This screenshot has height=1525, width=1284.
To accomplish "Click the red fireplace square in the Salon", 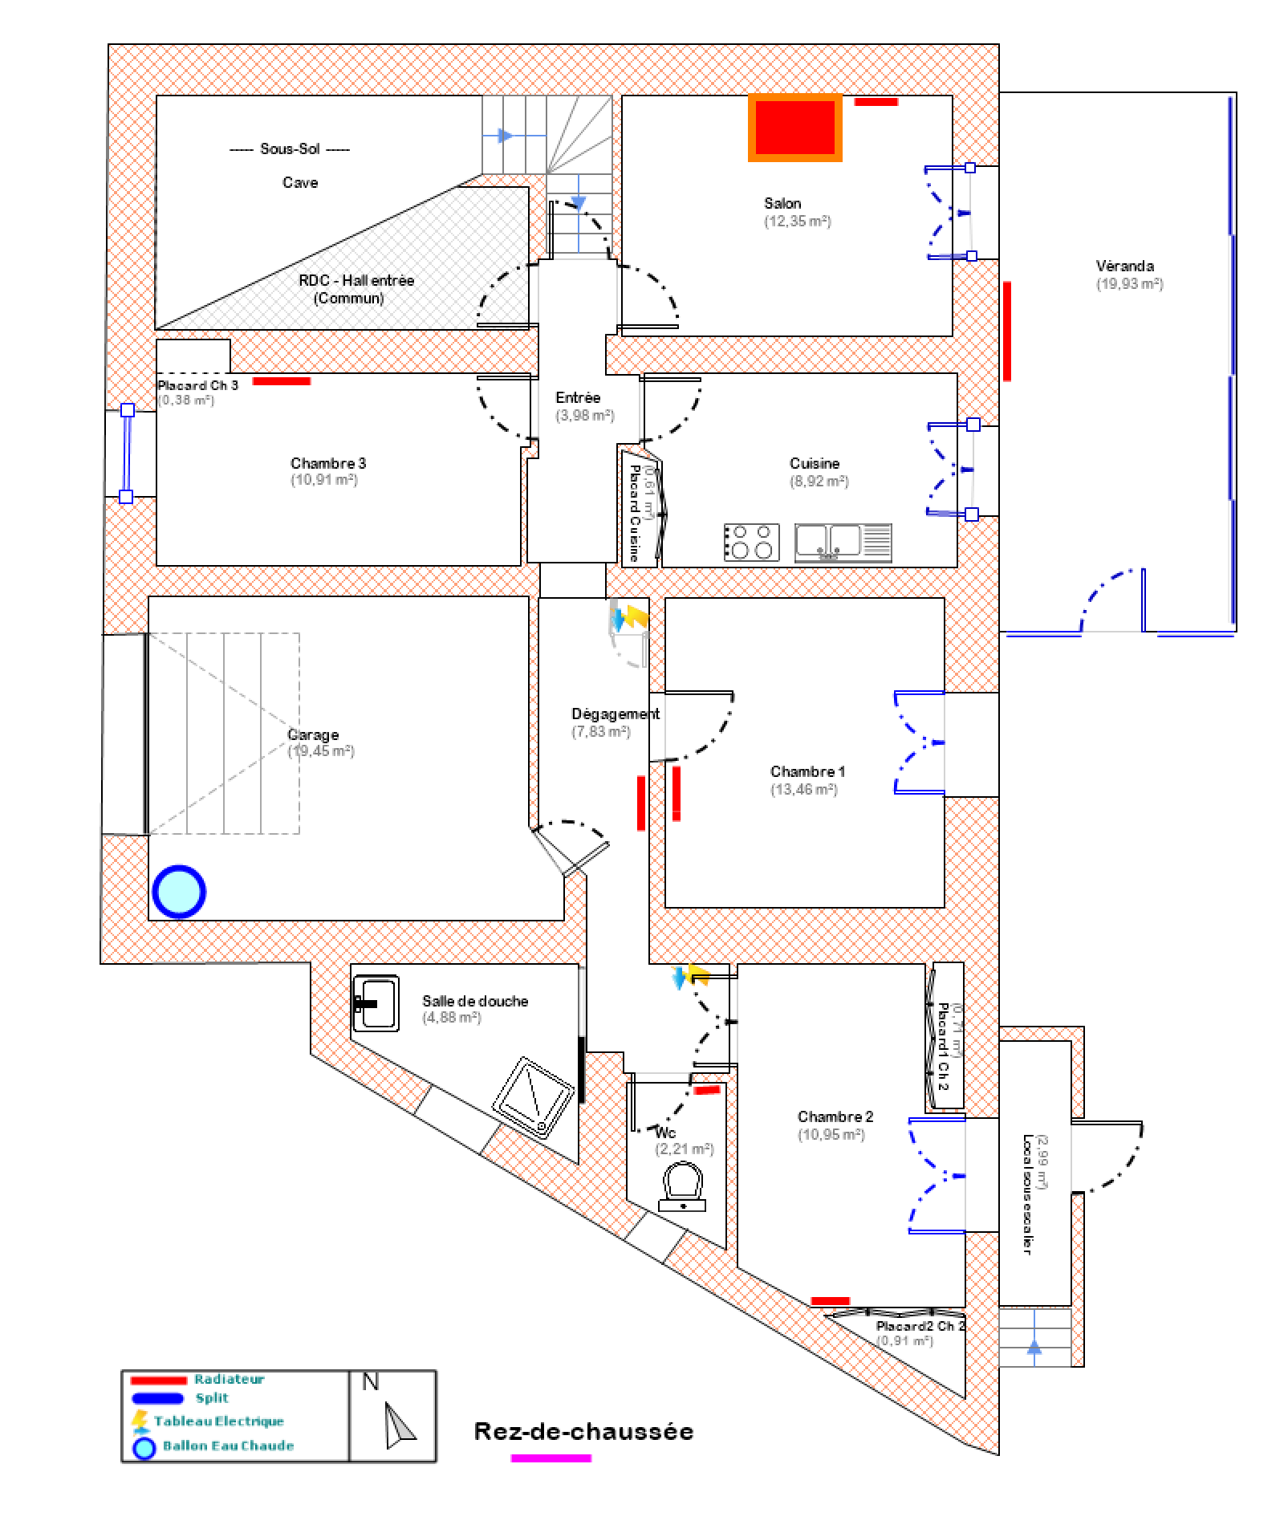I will [x=795, y=128].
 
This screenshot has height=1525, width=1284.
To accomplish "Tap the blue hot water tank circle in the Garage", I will [x=179, y=891].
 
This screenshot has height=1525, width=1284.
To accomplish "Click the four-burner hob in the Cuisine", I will [x=752, y=542].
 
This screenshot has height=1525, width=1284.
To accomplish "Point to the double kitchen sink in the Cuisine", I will [x=843, y=542].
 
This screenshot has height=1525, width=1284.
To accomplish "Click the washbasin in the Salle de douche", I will [x=376, y=1003].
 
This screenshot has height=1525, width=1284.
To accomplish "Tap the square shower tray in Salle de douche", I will [x=534, y=1097].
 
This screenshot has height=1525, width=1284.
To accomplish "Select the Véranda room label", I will [x=1124, y=266].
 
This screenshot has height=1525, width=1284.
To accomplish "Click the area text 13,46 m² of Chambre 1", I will [x=804, y=789].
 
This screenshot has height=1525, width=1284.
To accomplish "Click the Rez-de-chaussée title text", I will [x=583, y=1431].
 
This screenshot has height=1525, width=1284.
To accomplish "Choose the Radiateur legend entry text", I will [x=229, y=1379].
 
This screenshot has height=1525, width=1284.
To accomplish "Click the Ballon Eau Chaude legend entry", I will [x=228, y=1446].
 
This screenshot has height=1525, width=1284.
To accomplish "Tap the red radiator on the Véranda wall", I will [x=1006, y=330].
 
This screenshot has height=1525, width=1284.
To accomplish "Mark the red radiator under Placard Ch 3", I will [x=282, y=381].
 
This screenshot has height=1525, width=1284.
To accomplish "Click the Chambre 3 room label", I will [x=328, y=463].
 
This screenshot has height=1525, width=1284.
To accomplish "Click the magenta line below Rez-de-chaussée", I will [x=551, y=1458].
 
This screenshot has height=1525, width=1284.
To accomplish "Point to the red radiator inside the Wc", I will [x=707, y=1091].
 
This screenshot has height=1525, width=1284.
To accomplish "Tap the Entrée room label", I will [x=578, y=397].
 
